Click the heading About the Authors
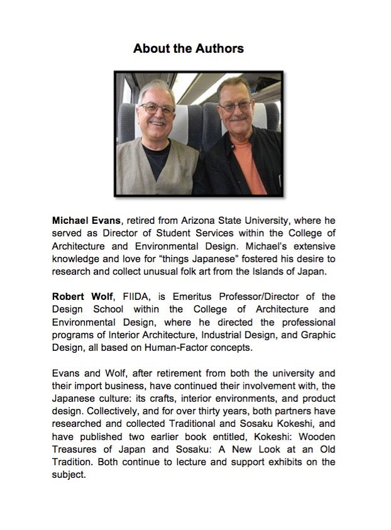pos(188,48)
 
